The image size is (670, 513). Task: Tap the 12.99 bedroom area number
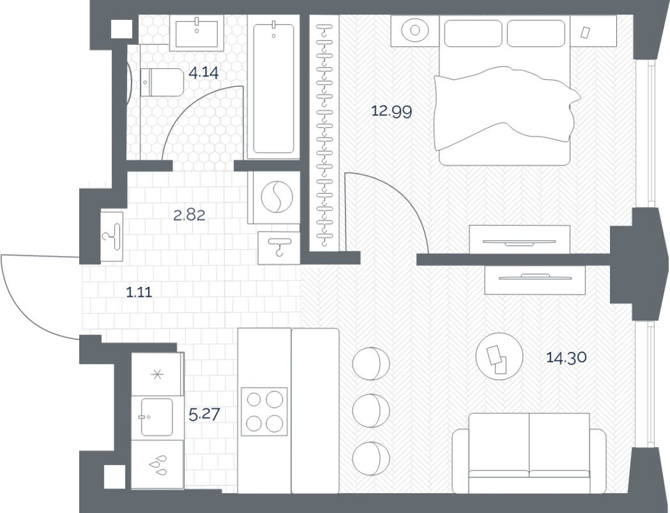[392, 111]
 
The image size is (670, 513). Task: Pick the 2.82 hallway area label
[189, 215]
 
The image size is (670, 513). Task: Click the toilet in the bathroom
[161, 82]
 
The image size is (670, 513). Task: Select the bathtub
[273, 87]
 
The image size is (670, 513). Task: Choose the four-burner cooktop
[264, 412]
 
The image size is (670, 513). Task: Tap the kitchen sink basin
[156, 417]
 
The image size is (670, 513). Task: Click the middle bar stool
[371, 410]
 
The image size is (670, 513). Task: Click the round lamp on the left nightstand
[415, 30]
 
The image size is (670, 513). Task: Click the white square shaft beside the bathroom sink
[122, 28]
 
